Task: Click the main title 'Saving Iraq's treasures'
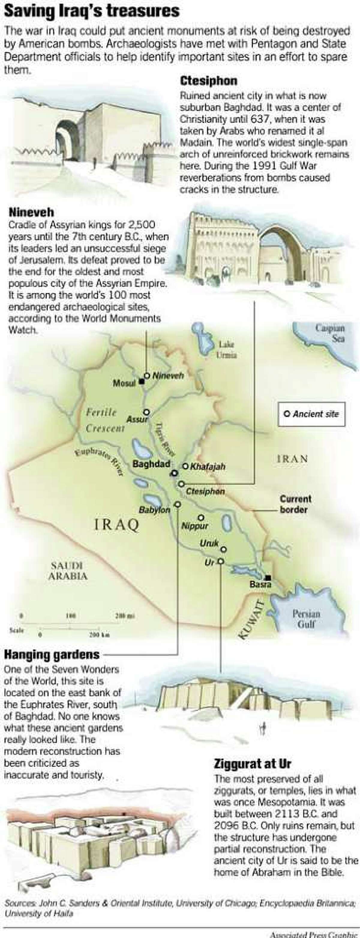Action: click(x=92, y=11)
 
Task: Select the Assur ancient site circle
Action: click(x=146, y=412)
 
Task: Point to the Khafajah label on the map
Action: click(x=208, y=466)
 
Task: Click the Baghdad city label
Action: click(x=151, y=464)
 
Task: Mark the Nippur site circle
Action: click(x=201, y=517)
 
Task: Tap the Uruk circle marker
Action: click(x=223, y=549)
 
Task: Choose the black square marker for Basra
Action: click(x=268, y=577)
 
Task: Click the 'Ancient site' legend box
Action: click(x=311, y=414)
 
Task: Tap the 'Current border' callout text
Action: click(x=295, y=504)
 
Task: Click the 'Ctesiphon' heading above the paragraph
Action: click(x=208, y=81)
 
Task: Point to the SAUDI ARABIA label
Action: click(x=68, y=571)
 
